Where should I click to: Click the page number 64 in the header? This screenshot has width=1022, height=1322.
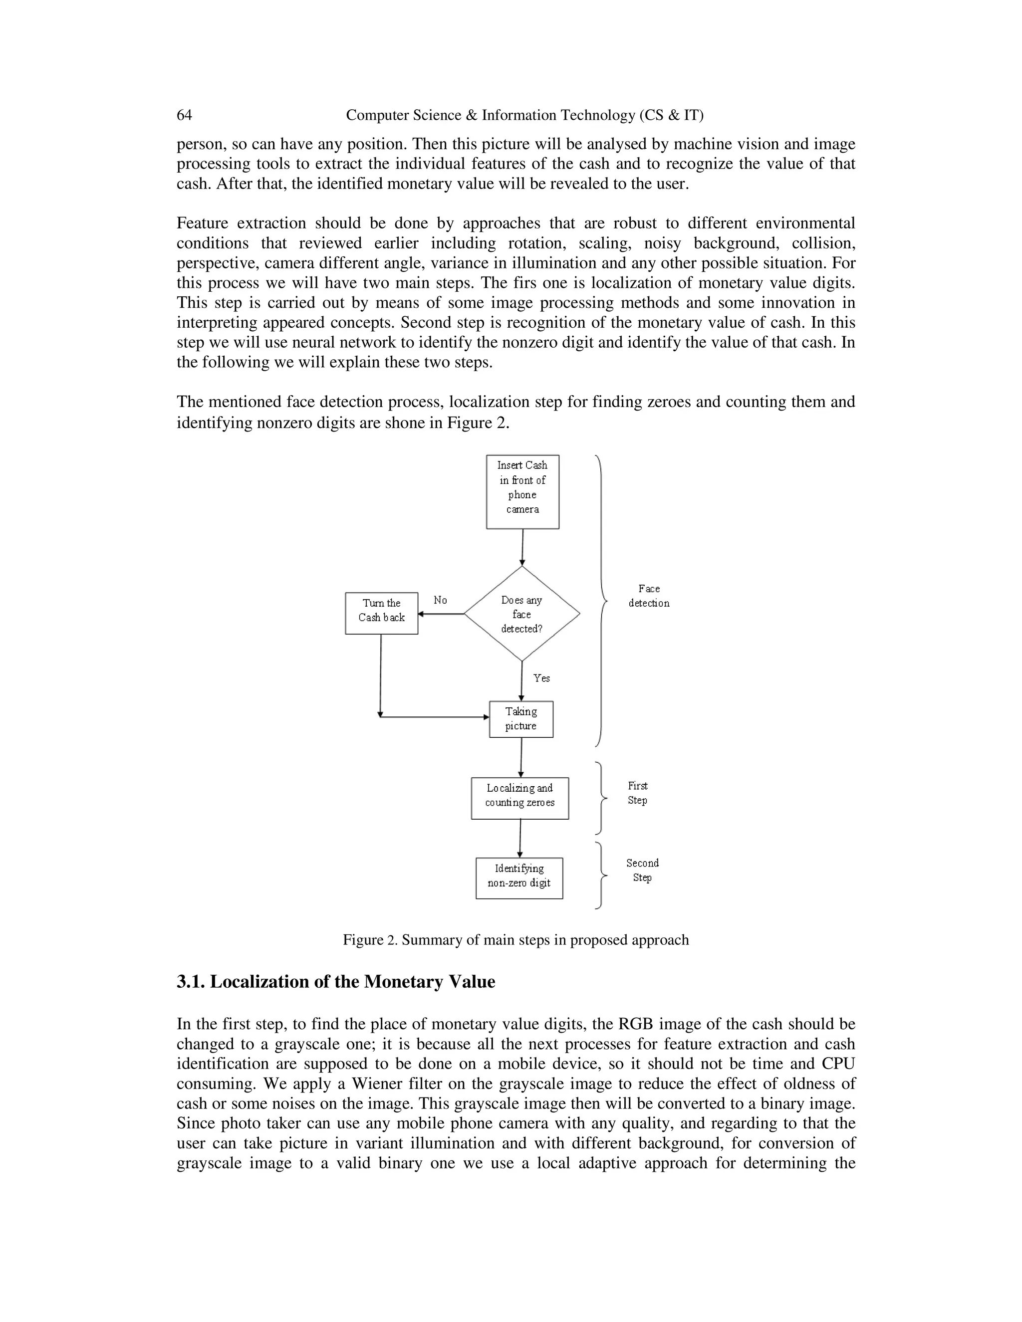[184, 115]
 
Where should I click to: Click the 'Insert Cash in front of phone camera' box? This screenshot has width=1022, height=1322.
[522, 491]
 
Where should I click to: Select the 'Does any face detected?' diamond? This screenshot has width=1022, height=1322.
[522, 614]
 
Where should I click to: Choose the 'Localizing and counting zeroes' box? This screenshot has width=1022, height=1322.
[520, 798]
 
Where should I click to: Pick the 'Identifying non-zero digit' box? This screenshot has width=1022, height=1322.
[519, 878]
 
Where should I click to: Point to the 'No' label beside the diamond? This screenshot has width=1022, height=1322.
[440, 600]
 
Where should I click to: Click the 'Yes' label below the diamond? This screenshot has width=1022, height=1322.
[541, 678]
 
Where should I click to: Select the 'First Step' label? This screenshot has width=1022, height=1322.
[638, 793]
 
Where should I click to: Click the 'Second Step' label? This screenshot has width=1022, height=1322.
[642, 870]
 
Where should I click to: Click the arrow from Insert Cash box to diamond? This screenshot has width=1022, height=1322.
[522, 547]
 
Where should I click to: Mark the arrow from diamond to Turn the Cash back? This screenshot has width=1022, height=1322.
[441, 614]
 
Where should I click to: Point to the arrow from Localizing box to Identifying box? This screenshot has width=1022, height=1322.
[520, 839]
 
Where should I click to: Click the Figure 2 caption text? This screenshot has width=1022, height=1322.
[515, 939]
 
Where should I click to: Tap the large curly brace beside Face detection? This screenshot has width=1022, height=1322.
[601, 601]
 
